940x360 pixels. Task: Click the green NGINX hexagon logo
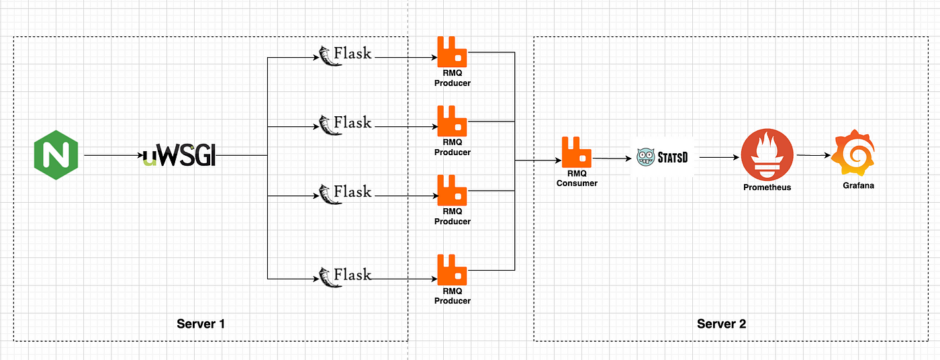[56, 155]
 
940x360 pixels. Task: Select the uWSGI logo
[179, 155]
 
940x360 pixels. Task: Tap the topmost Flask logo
[345, 55]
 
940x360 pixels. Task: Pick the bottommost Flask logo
[345, 277]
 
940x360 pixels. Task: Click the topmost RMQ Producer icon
[452, 52]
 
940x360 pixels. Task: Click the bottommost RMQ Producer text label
[453, 296]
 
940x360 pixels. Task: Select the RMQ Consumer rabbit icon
[577, 152]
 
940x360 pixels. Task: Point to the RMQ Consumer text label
[577, 179]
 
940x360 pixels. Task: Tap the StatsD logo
[662, 157]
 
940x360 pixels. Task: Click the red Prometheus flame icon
[767, 155]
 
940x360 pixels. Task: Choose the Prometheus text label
[767, 187]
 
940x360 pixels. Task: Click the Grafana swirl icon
[855, 152]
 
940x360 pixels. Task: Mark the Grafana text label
[859, 185]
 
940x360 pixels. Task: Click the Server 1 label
[201, 324]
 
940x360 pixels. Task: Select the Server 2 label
[721, 324]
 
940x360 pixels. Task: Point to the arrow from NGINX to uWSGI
[113, 155]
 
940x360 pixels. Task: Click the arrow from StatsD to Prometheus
[719, 157]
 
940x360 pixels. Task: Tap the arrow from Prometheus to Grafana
[814, 155]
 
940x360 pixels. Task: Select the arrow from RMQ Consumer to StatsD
[612, 159]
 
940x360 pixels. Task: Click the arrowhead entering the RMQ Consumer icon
[559, 161]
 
